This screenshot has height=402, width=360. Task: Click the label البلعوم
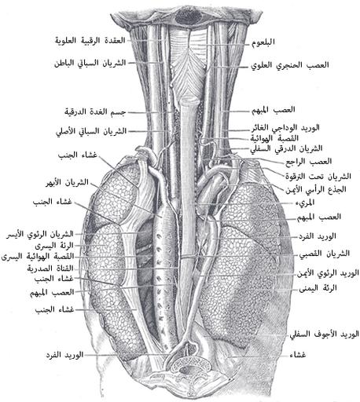263,42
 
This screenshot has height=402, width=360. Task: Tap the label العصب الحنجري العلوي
290,65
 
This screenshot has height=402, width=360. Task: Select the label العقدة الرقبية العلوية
90,41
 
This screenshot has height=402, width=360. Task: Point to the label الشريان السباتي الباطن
90,63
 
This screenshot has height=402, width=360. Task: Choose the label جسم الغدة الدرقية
95,111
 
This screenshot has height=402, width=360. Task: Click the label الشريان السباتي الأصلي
91,131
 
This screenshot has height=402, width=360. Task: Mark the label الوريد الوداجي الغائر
285,128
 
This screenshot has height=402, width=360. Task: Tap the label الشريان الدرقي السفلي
286,148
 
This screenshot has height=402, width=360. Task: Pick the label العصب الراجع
308,162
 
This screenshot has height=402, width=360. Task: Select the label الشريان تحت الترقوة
318,177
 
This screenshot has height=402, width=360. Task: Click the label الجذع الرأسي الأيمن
316,189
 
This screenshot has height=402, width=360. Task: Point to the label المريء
305,203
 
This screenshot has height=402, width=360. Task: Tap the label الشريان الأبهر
68,182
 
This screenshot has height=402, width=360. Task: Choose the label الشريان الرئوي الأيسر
40,234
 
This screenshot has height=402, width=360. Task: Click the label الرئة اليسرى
54,246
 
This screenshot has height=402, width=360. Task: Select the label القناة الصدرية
50,269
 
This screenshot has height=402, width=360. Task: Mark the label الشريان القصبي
325,254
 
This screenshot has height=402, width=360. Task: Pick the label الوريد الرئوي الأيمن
328,273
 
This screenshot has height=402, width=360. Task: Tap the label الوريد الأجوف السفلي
324,334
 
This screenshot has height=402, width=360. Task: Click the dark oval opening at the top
189,17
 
